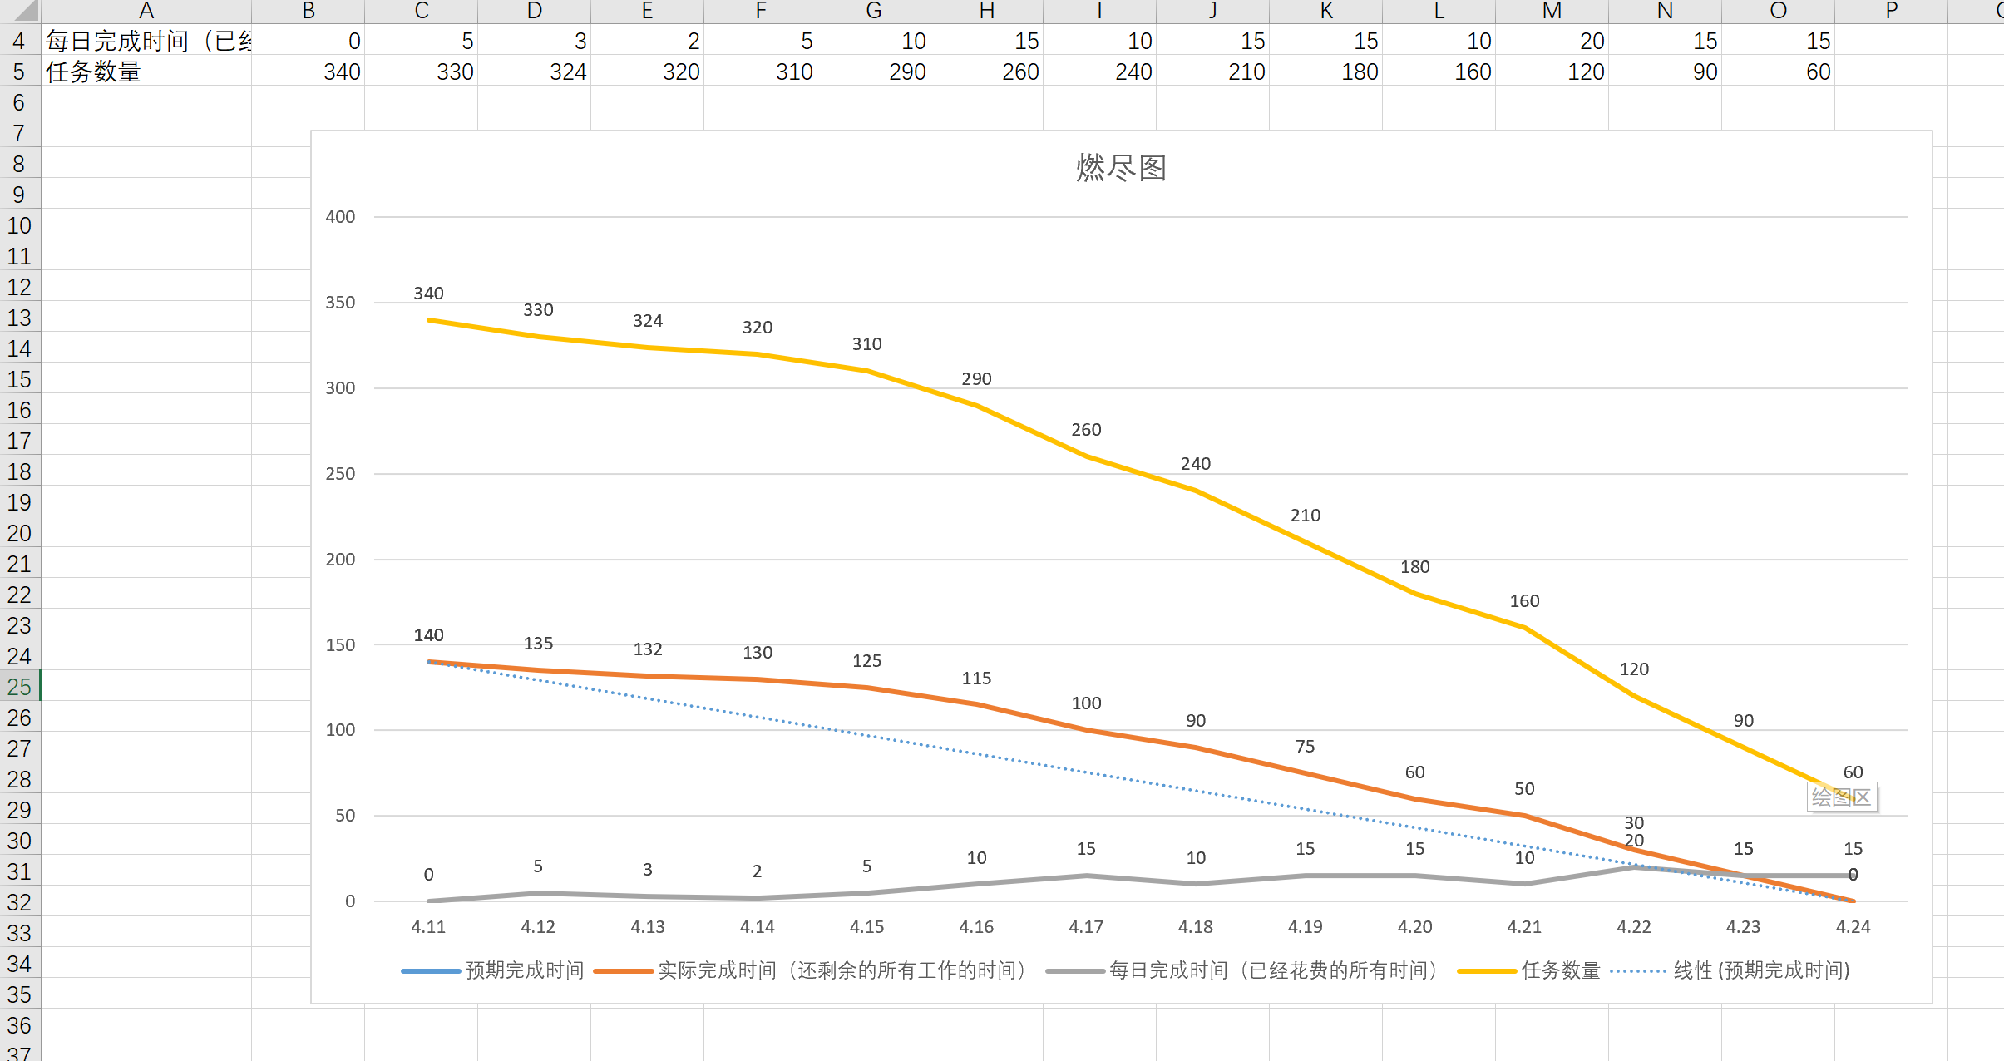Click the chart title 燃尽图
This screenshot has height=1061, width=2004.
(1121, 168)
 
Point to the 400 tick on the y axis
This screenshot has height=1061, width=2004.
(340, 217)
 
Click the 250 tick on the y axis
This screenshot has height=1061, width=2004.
(340, 474)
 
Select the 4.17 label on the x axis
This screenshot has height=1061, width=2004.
(1086, 927)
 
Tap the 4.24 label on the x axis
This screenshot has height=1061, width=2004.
(1853, 927)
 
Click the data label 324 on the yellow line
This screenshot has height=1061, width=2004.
(648, 321)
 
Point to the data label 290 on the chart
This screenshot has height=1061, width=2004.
(976, 379)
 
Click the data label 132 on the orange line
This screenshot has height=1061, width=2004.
(648, 649)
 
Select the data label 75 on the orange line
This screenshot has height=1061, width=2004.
(1305, 747)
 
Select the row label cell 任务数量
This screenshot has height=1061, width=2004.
(146, 72)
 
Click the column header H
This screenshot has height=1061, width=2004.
(986, 11)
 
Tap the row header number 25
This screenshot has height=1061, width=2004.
(19, 687)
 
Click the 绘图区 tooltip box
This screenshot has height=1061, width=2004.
(1841, 797)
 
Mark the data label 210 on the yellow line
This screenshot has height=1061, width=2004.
(1305, 516)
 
